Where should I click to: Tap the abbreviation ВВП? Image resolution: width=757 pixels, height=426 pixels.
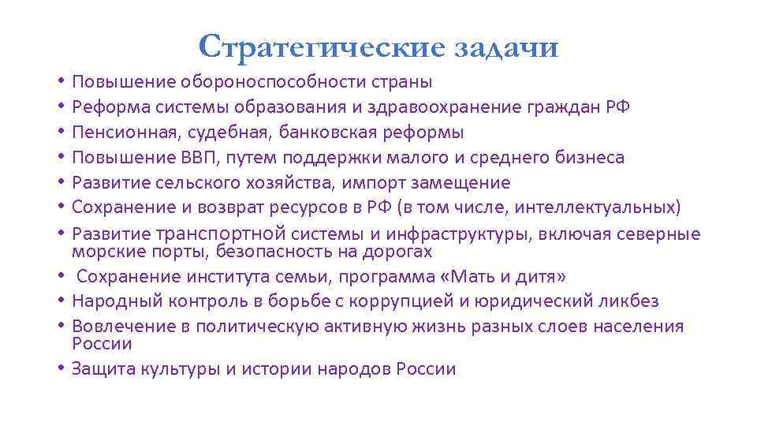coord(201,157)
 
